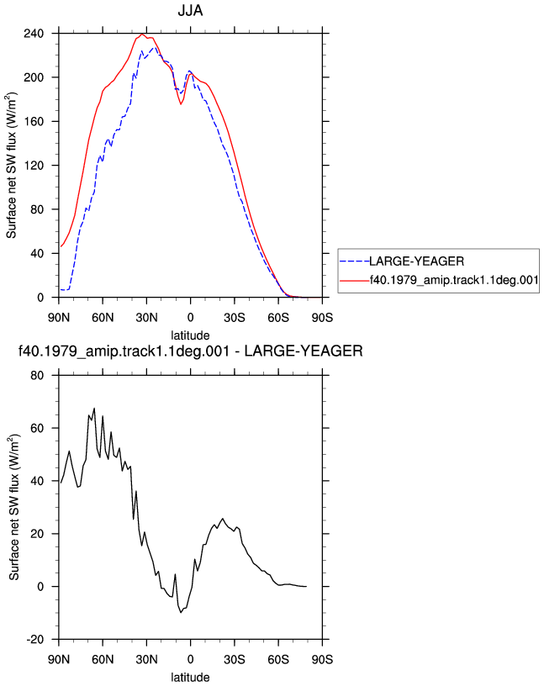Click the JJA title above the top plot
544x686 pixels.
point(190,10)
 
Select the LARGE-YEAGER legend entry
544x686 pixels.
point(417,261)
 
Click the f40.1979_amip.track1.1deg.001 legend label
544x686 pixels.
point(454,280)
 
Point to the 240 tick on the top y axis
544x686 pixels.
point(34,34)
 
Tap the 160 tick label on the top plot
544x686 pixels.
point(34,121)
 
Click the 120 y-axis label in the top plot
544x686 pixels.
point(34,166)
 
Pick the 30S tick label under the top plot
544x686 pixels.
point(235,318)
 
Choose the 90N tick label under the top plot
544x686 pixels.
point(59,318)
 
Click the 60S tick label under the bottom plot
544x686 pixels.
point(278,659)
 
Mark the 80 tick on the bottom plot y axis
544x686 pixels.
point(37,376)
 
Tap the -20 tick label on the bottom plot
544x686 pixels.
point(35,640)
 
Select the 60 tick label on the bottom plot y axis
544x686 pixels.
point(37,428)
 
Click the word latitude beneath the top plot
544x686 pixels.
point(190,335)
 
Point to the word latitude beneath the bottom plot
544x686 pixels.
point(190,678)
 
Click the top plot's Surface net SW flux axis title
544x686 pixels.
point(11,166)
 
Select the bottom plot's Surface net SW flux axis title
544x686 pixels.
point(14,508)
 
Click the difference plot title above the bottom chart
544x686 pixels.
point(190,351)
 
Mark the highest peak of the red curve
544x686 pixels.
point(142,34)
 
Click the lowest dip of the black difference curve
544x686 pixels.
point(181,613)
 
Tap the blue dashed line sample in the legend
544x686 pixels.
point(355,261)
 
